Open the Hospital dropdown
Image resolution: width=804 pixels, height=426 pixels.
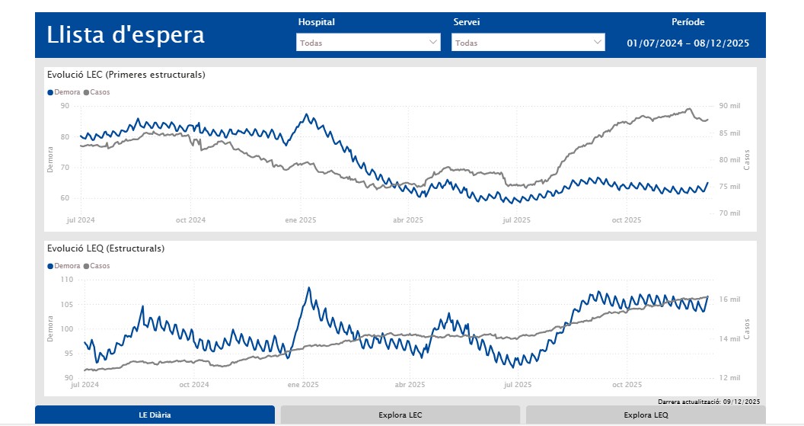pos(368,43)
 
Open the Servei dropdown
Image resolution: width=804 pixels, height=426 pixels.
pos(528,43)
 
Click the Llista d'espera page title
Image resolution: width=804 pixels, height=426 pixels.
pos(126,35)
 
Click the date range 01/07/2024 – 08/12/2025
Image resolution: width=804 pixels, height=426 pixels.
pos(688,43)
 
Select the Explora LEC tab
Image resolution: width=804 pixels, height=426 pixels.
pos(400,415)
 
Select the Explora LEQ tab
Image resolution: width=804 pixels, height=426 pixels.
pos(646,415)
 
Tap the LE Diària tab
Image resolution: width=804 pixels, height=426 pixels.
pos(155,415)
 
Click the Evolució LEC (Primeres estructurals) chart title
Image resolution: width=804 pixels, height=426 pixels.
pos(126,75)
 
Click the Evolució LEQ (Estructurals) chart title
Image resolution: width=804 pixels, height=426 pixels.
pos(106,248)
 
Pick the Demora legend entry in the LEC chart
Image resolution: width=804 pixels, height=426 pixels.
pos(66,92)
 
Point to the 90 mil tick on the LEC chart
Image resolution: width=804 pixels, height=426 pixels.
pos(729,106)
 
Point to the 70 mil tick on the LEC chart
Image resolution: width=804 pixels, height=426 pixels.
pos(729,213)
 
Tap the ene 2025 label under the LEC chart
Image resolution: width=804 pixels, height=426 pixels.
pos(301,220)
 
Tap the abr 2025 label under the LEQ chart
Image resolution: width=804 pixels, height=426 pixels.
pos(408,385)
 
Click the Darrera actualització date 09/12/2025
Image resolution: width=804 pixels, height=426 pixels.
pos(742,401)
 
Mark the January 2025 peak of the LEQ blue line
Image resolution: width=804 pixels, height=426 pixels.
pos(308,288)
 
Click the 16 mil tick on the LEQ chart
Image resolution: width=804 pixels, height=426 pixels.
pos(729,299)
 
